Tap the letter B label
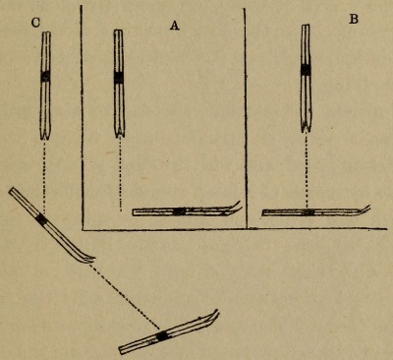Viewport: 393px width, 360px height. point(353,20)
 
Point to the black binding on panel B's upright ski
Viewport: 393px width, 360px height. point(306,70)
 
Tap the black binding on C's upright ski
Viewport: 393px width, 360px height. point(45,77)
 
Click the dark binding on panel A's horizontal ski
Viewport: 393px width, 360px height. point(179,210)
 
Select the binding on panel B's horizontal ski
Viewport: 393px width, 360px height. point(308,211)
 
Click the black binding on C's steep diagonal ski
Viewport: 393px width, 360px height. point(40,220)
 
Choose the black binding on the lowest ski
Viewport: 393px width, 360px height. point(162,335)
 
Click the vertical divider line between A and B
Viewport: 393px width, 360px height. point(246,118)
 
